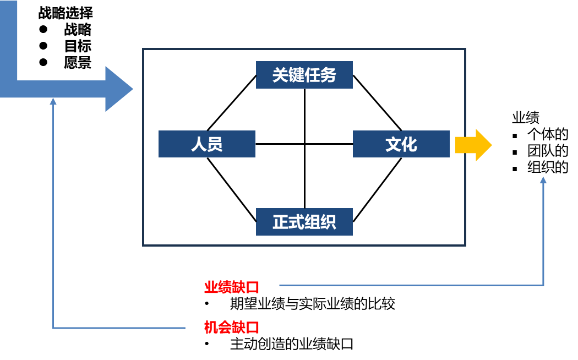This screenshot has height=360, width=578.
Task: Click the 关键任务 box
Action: pyautogui.click(x=304, y=75)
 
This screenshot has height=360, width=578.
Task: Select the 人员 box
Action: pyautogui.click(x=206, y=144)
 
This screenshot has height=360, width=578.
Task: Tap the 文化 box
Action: pyautogui.click(x=401, y=144)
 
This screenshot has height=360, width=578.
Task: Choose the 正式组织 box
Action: pyautogui.click(x=304, y=222)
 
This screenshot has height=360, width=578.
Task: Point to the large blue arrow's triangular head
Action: pyautogui.click(x=117, y=89)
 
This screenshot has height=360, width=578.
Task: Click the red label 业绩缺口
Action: pyautogui.click(x=231, y=287)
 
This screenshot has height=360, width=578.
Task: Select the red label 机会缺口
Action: pyautogui.click(x=231, y=328)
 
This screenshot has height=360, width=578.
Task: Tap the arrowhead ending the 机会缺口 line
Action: pyautogui.click(x=53, y=101)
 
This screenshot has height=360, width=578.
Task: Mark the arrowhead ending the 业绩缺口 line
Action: pyautogui.click(x=543, y=179)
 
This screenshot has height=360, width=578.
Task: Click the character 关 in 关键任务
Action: pyautogui.click(x=281, y=75)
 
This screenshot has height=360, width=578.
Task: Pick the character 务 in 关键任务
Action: pyautogui.click(x=328, y=75)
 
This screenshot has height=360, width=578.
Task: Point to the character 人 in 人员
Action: pyautogui.click(x=199, y=144)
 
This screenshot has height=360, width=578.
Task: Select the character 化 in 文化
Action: pyautogui.click(x=409, y=144)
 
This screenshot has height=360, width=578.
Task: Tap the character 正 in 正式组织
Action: pyautogui.click(x=281, y=222)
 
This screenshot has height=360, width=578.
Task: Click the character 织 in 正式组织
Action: pyautogui.click(x=328, y=222)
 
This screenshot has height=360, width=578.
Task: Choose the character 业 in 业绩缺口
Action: pyautogui.click(x=211, y=287)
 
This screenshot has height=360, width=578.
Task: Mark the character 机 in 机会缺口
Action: pyautogui.click(x=211, y=328)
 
